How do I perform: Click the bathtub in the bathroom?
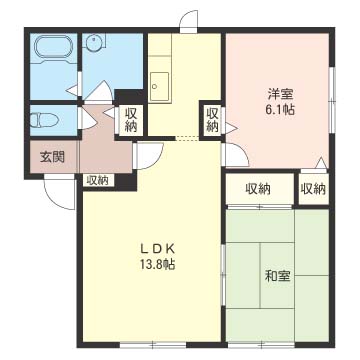click(53, 49)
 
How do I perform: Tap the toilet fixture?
click(44, 120)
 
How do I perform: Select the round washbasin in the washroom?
click(93, 43)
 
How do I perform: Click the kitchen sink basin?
click(159, 85)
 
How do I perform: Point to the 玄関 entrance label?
click(52, 157)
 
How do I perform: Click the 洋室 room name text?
click(281, 95)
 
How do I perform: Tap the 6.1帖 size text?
click(280, 110)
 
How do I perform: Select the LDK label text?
click(157, 249)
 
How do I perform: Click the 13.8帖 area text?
click(157, 265)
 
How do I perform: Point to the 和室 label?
click(278, 276)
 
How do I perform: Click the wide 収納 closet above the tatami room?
click(260, 189)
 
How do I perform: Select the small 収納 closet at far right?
click(313, 189)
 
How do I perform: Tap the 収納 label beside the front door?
click(98, 180)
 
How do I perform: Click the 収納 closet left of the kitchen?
click(130, 120)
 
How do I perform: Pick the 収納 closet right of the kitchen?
click(212, 120)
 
